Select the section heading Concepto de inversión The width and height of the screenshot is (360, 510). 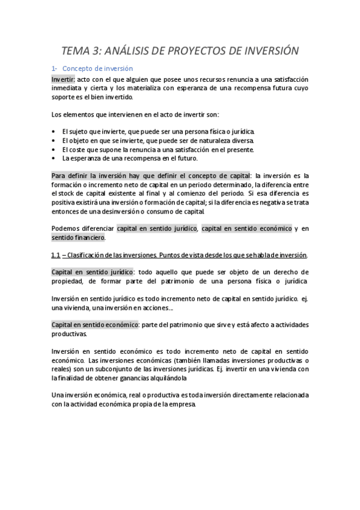97,69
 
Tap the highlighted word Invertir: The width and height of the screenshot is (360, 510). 63,79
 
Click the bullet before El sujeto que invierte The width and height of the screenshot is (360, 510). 53,131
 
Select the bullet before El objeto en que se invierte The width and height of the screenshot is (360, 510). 53,140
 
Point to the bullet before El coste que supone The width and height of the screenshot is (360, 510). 53,149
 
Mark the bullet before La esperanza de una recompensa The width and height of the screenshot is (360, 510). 53,158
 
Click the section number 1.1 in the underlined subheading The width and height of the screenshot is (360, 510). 56,254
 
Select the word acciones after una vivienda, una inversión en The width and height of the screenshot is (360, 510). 157,309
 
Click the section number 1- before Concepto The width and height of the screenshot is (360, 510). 53,69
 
